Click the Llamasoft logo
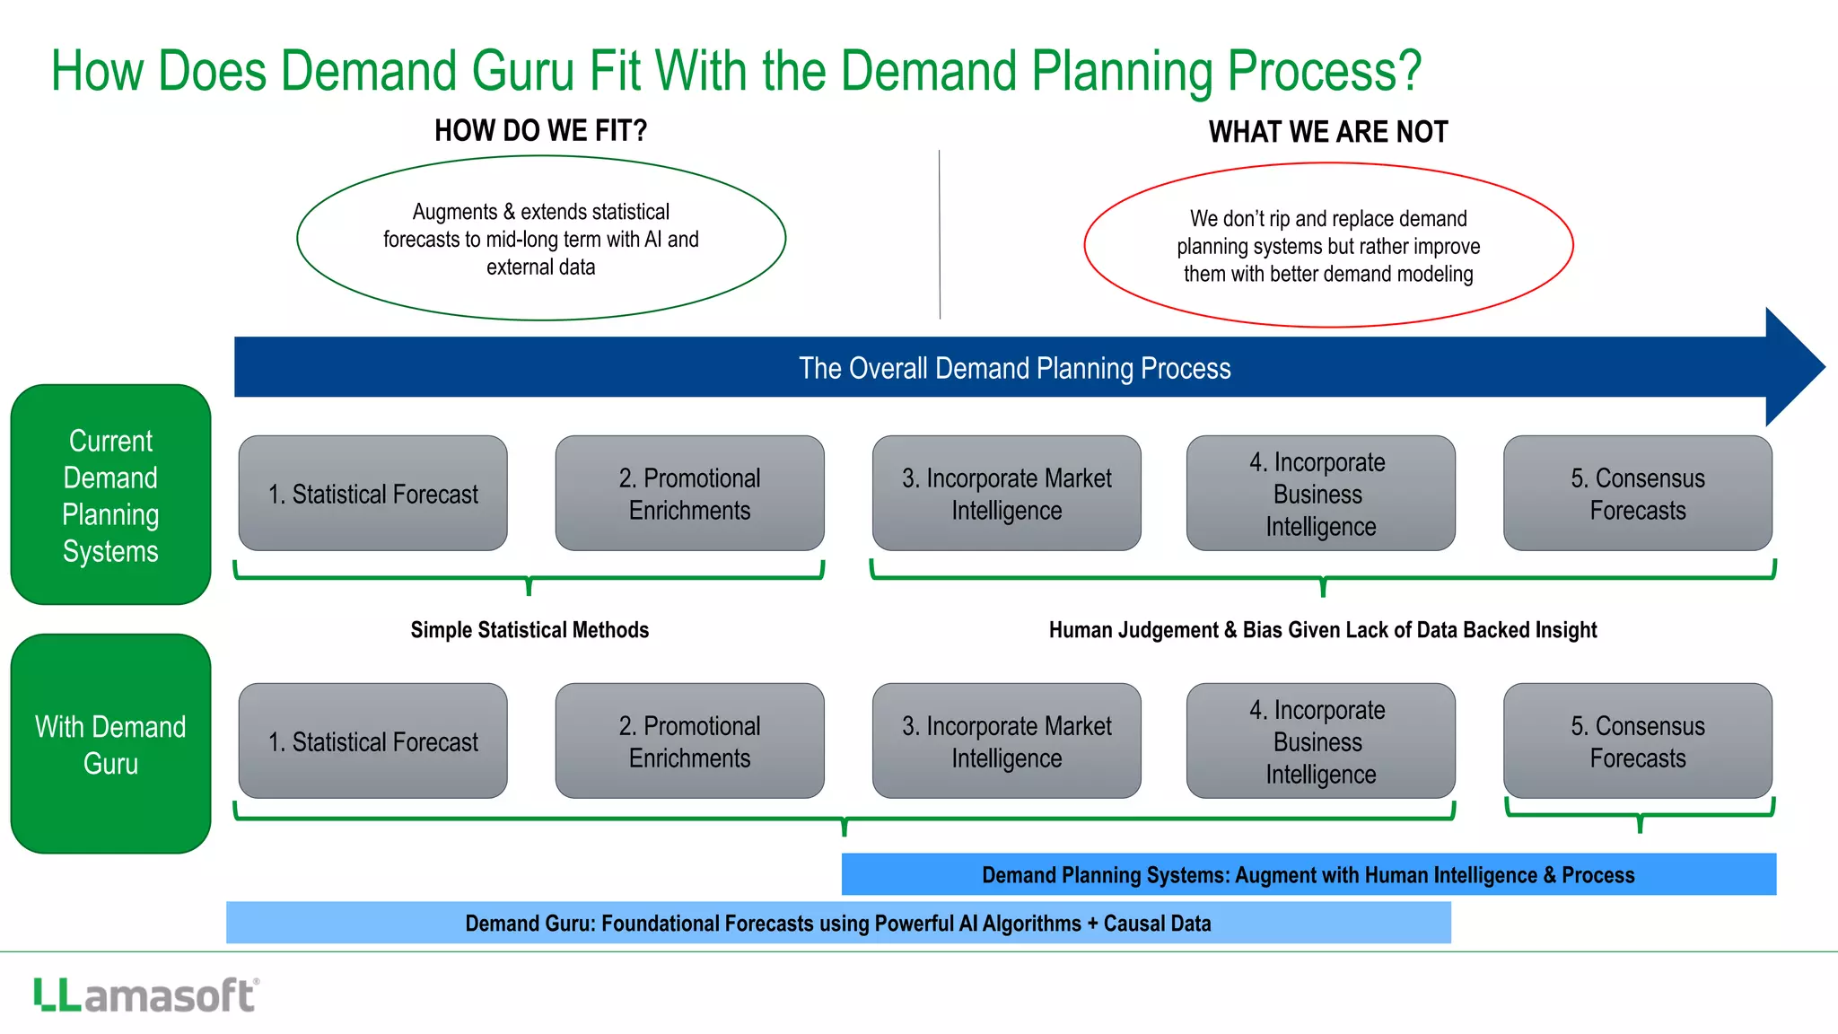[x=146, y=995]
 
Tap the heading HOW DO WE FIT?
[x=540, y=131]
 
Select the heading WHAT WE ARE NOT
[x=1327, y=132]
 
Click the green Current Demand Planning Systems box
[x=110, y=495]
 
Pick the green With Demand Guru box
[x=110, y=743]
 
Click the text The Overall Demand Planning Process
[x=1014, y=368]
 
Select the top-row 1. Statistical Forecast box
[x=372, y=494]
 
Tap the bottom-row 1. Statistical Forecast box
[x=372, y=741]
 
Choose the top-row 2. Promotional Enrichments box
[x=689, y=494]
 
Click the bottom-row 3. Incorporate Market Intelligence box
[x=1006, y=741]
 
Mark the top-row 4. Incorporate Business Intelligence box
[x=1320, y=494]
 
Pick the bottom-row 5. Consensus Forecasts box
[x=1637, y=741]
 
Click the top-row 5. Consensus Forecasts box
[x=1637, y=494]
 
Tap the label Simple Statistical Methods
[x=530, y=630]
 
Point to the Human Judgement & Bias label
[x=1322, y=630]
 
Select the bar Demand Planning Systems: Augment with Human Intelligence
[x=1308, y=874]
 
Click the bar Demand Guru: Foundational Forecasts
[x=837, y=923]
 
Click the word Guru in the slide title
[x=522, y=71]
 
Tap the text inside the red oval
[x=1327, y=246]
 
